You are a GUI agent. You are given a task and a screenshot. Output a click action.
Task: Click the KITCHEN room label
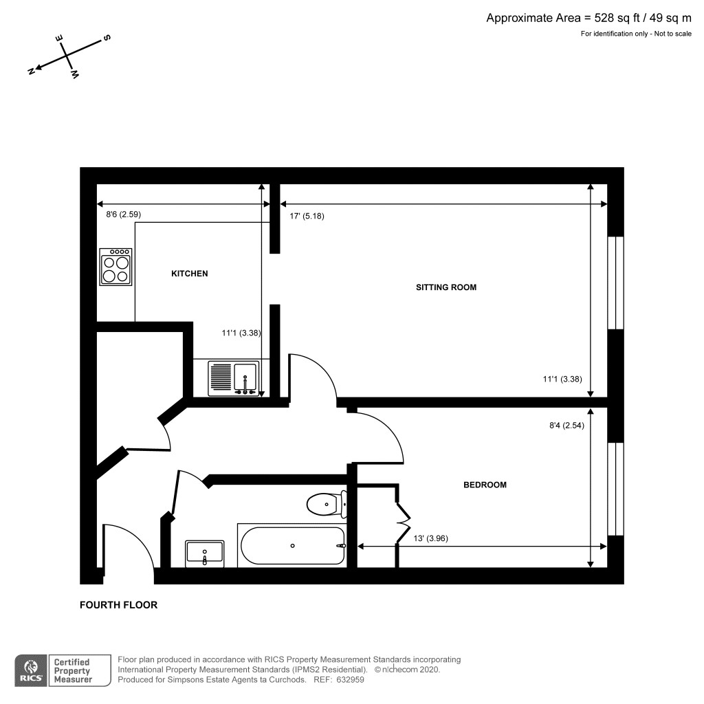189,274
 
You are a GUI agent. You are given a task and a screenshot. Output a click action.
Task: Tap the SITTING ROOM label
445,287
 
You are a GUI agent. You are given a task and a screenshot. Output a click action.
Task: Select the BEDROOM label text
485,485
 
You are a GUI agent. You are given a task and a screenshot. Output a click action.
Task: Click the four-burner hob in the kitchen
115,267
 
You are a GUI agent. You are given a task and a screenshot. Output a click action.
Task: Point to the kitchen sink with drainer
234,378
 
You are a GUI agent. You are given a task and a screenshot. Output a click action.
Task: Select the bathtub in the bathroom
292,546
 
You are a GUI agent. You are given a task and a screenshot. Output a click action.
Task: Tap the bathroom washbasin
205,553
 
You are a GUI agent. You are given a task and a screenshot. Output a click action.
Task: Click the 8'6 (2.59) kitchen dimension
123,215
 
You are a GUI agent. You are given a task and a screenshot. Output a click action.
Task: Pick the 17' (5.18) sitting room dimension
307,216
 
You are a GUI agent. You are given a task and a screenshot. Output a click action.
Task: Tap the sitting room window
615,283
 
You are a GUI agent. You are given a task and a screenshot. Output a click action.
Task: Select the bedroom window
615,488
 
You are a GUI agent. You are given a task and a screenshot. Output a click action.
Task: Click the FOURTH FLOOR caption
118,605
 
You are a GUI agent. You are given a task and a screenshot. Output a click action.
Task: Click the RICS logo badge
31,670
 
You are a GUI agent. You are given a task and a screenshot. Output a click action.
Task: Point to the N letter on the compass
31,71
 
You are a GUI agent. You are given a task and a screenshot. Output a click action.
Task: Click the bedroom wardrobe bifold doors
401,516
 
